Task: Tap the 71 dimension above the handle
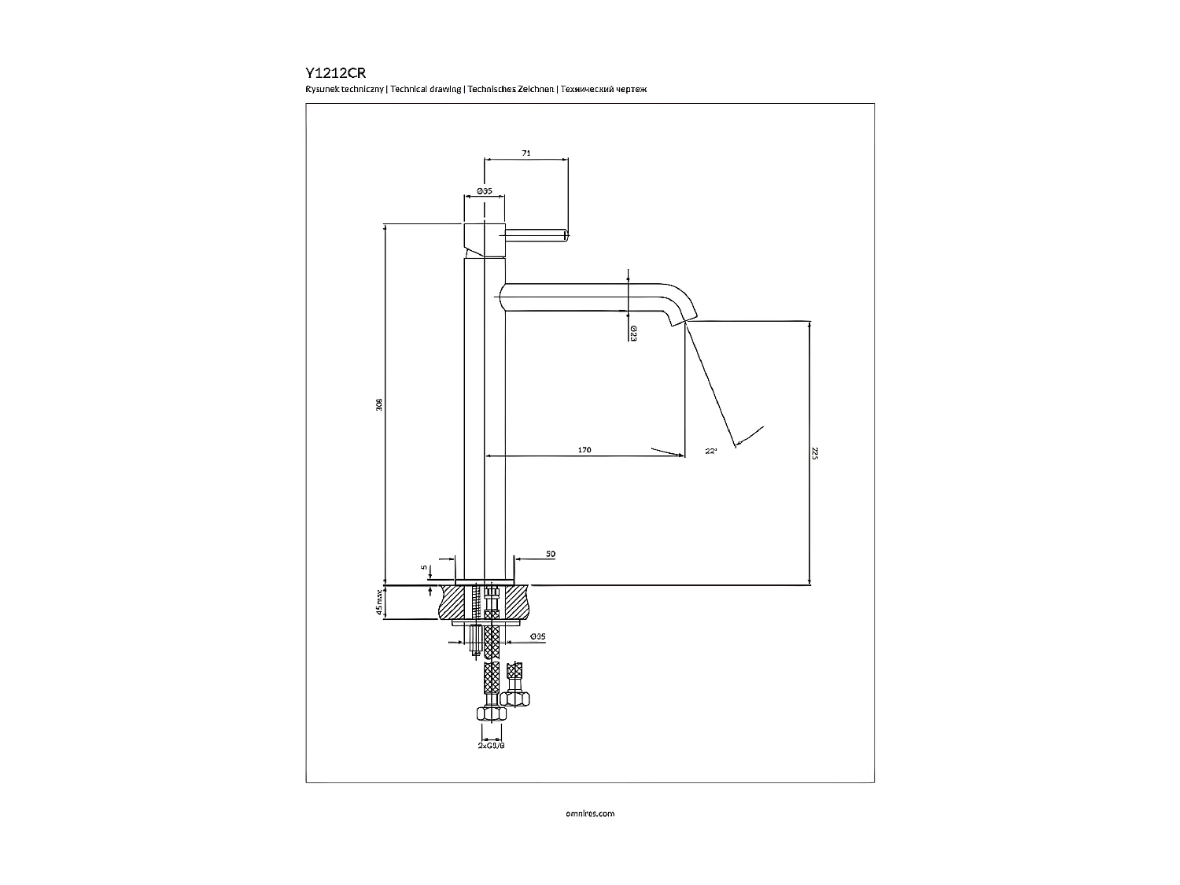[x=526, y=153]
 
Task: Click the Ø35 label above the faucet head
[x=484, y=191]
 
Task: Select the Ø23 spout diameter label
[x=632, y=334]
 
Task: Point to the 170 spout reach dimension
[x=584, y=450]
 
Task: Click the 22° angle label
[x=711, y=452]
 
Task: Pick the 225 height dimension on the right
[x=815, y=454]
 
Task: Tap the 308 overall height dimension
[x=378, y=405]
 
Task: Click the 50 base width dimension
[x=551, y=554]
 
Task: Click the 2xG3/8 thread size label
[x=491, y=745]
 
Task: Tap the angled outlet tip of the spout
[x=677, y=319]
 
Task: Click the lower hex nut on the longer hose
[x=492, y=714]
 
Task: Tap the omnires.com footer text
[x=590, y=813]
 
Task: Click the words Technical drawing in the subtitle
[x=426, y=90]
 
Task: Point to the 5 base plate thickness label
[x=422, y=566]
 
